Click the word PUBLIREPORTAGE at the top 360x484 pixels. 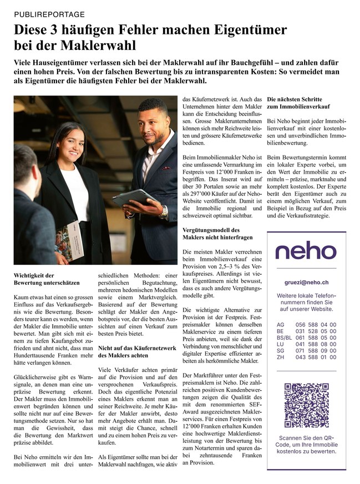coord(49,13)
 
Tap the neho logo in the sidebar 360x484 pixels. coord(306,251)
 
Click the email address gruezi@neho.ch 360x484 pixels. coord(306,282)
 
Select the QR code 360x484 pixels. coord(306,404)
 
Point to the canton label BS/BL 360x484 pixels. coord(283,337)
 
